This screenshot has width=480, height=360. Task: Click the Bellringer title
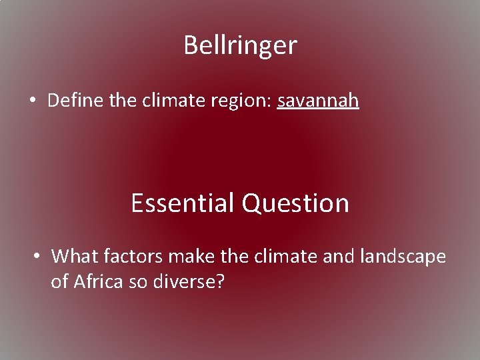(240, 45)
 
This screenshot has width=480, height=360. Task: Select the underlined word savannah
(318, 101)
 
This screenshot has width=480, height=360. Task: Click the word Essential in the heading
(183, 203)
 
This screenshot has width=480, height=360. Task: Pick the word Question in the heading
(295, 203)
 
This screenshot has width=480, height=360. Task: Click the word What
(75, 256)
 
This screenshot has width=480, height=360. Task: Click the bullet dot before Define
(32, 101)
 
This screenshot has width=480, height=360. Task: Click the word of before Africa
(60, 282)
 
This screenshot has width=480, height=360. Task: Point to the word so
(139, 282)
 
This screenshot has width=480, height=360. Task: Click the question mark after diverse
(221, 282)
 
